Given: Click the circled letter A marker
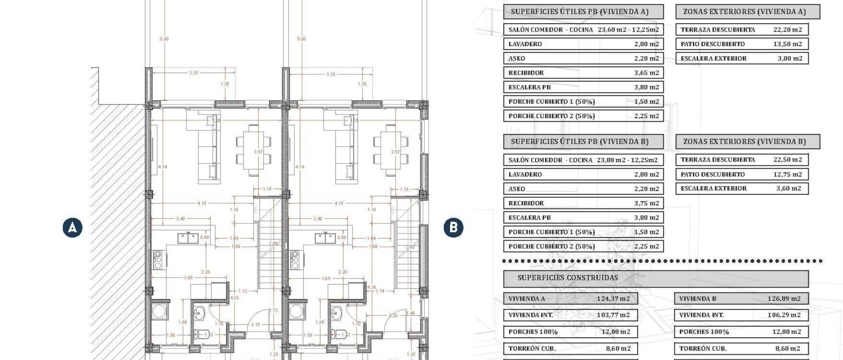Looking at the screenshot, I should coord(72,228).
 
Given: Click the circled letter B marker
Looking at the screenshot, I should coord(453,228).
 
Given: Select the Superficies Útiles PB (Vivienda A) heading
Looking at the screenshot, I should coord(580,12).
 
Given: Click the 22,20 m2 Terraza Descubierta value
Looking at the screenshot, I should coord(787,30).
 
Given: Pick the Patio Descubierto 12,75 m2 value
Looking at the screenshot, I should coord(787,174).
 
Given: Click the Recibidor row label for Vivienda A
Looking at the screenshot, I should coord(526,73).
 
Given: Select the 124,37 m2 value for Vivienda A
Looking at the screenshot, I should coord(613,299).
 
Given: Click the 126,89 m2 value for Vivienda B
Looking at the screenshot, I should coord(784,299).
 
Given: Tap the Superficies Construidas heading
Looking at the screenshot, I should coord(567,278).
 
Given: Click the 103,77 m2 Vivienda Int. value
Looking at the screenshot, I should coord(613,315).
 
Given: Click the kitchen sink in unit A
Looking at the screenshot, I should coord(188,238).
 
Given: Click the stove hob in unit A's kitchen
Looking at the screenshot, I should coord(158,259).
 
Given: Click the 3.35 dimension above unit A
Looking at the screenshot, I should coord(193,73).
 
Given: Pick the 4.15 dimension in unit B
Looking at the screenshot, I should coord(339,204).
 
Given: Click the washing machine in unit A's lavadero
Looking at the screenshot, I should coord(159,311).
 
